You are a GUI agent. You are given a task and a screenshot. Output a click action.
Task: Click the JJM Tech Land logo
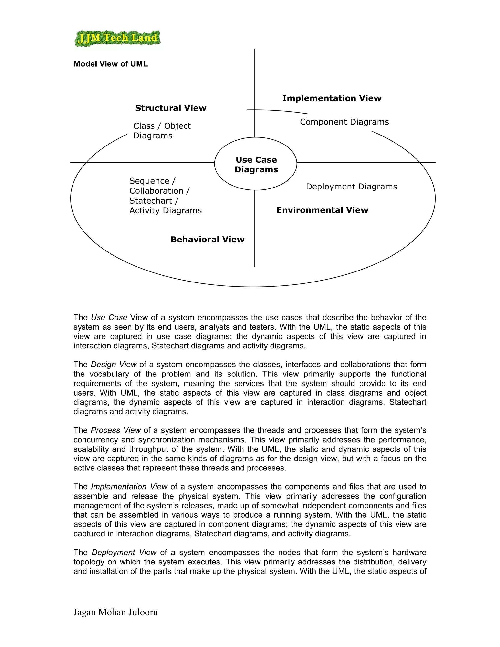pyautogui.click(x=117, y=38)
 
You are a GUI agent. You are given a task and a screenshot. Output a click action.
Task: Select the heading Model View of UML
pyautogui.click(x=111, y=64)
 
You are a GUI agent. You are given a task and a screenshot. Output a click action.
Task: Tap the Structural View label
pyautogui.click(x=171, y=108)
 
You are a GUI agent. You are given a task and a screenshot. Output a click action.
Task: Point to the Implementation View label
pyautogui.click(x=332, y=98)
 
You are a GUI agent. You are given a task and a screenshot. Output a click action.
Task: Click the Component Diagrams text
pyautogui.click(x=344, y=122)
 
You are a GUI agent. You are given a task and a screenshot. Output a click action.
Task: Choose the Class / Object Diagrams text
pyautogui.click(x=162, y=131)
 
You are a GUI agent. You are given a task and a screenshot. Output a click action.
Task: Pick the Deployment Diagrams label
pyautogui.click(x=351, y=187)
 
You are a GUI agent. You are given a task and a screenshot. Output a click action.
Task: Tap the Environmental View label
pyautogui.click(x=322, y=210)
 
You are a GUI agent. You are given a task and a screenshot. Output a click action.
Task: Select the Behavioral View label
pyautogui.click(x=207, y=239)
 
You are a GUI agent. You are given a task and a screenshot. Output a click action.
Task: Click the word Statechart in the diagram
pyautogui.click(x=151, y=201)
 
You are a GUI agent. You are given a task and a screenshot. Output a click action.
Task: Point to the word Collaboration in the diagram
pyautogui.click(x=156, y=191)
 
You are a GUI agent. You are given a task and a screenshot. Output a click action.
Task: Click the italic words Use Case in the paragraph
pyautogui.click(x=109, y=318)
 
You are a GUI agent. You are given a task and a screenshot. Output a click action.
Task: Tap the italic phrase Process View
pyautogui.click(x=115, y=430)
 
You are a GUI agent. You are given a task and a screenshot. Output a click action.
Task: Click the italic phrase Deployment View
pyautogui.click(x=124, y=552)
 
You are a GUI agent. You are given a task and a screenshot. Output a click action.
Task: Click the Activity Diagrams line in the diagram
pyautogui.click(x=165, y=211)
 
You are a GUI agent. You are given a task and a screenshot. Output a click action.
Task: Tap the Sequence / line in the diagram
pyautogui.click(x=152, y=181)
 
